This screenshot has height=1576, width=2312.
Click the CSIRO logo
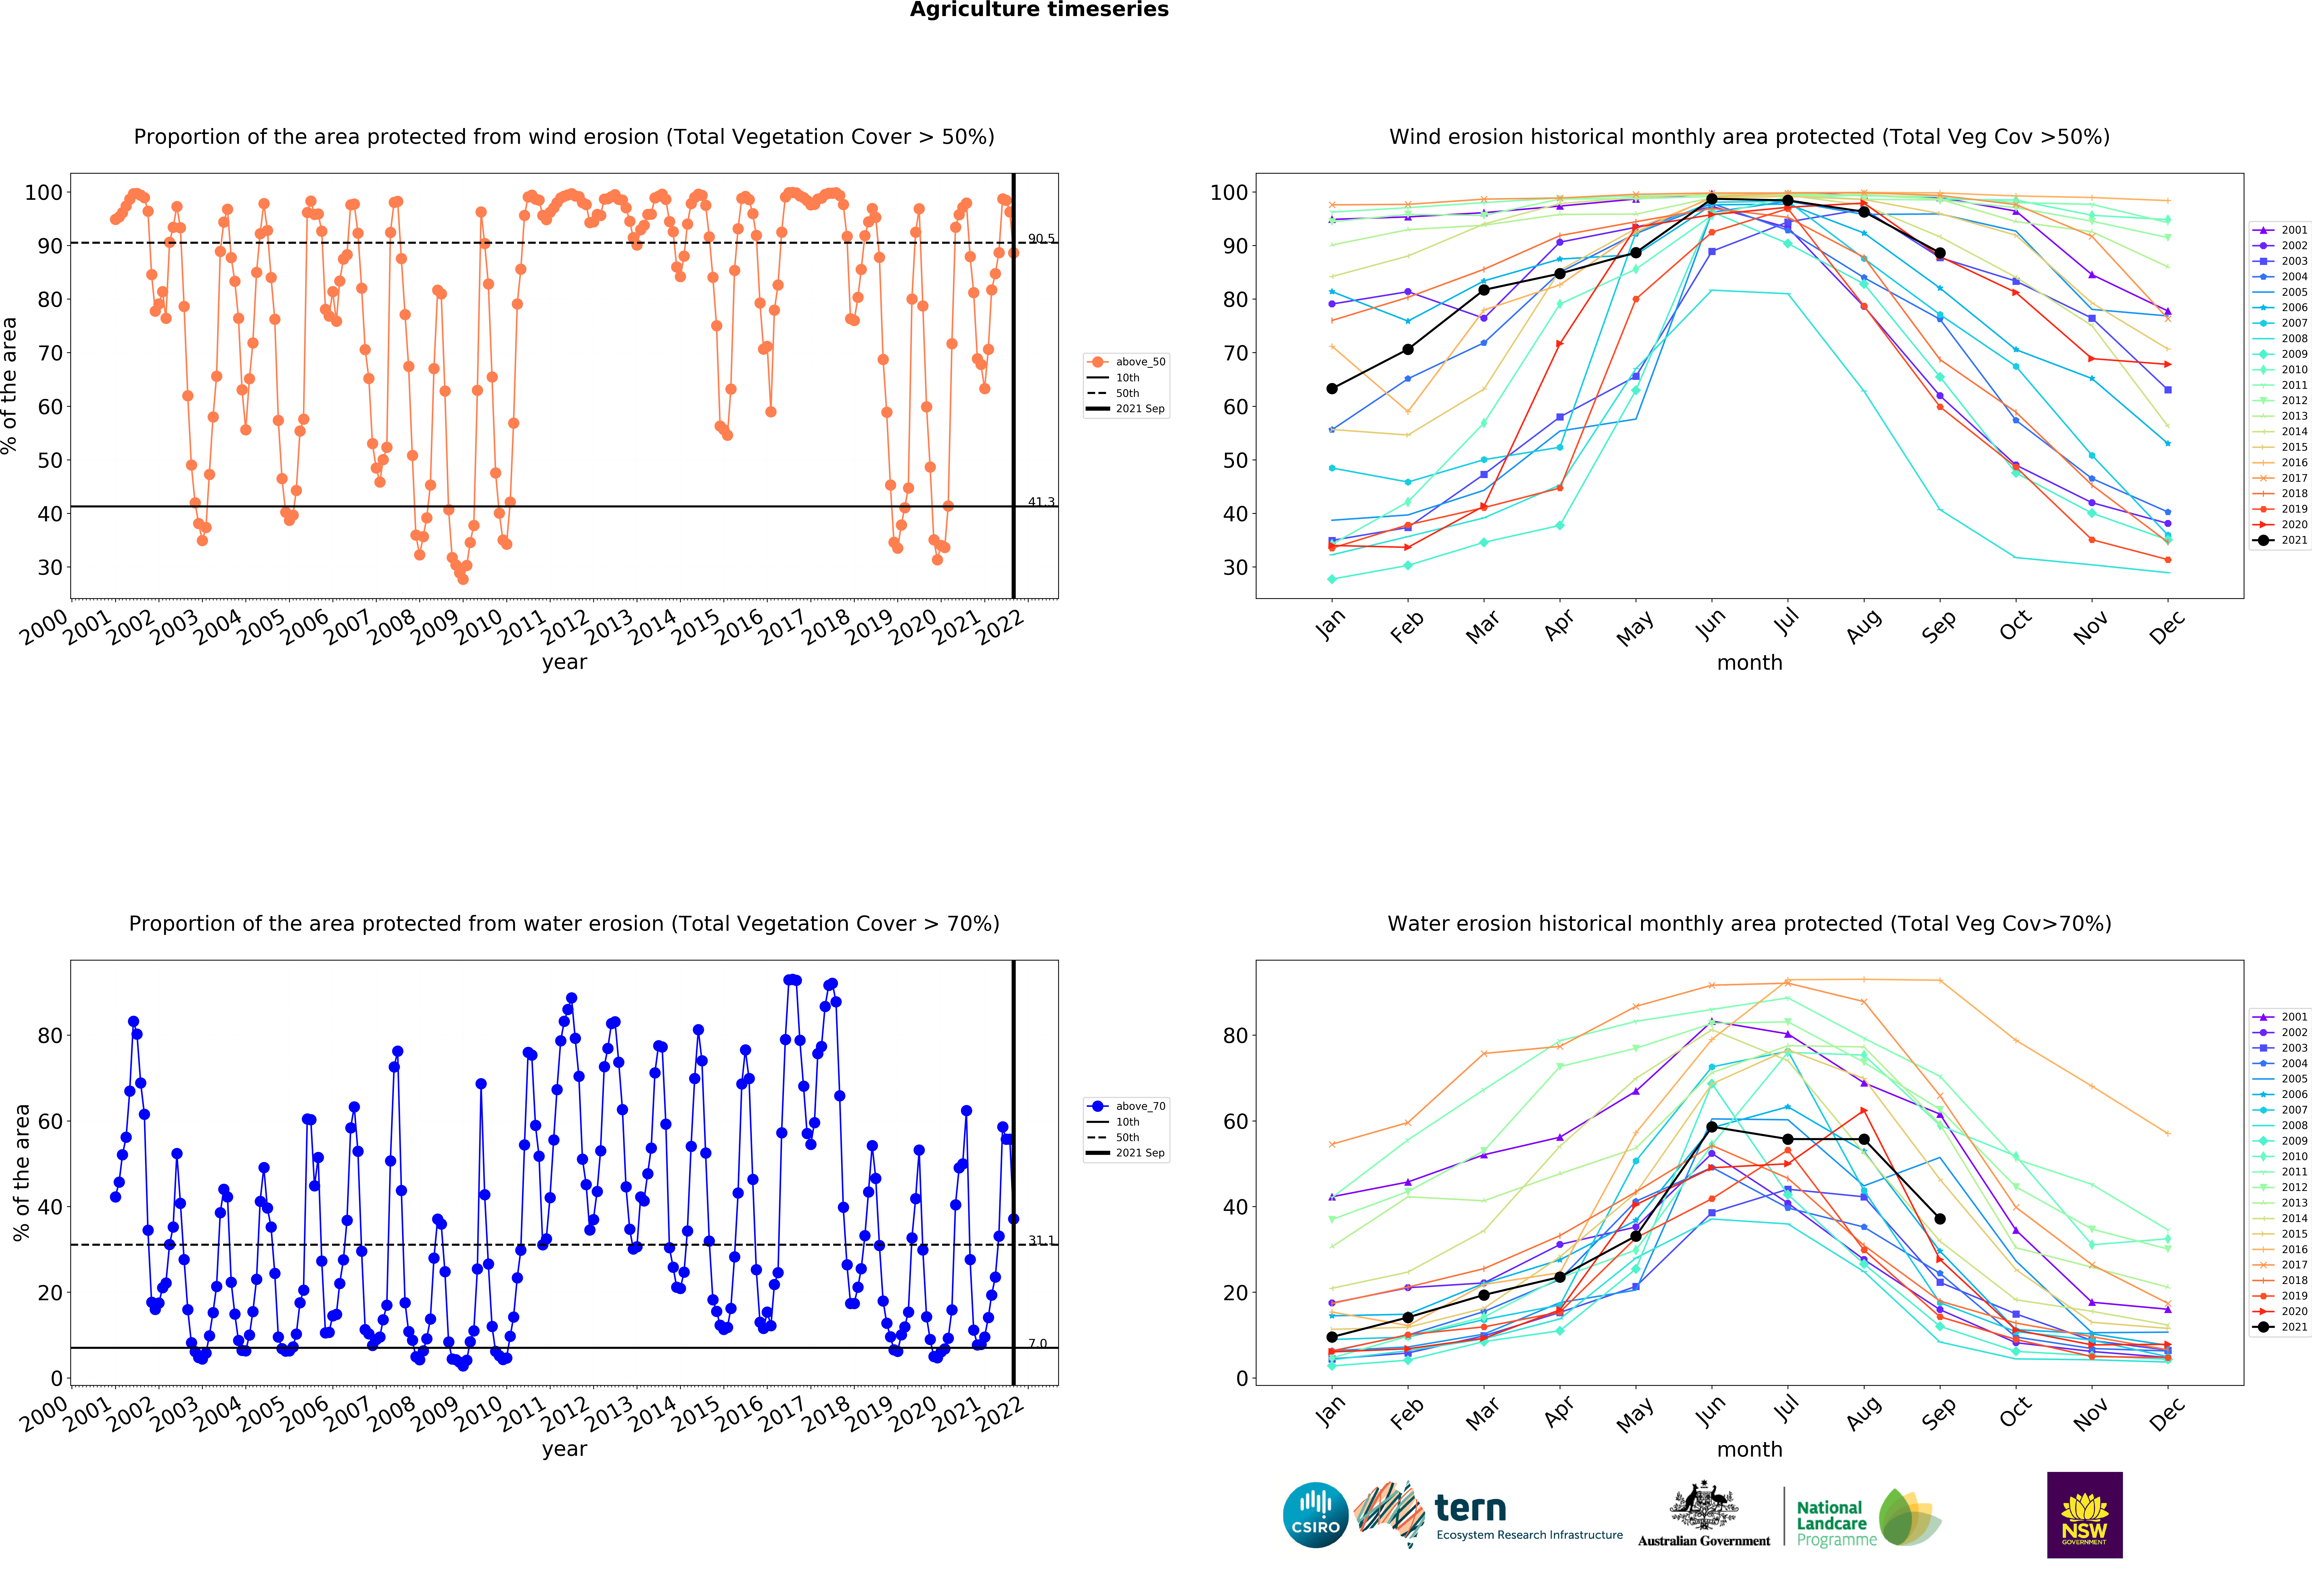1315,1515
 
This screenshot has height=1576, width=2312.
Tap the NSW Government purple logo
2084,1514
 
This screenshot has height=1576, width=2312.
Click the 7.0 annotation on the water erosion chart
1038,1343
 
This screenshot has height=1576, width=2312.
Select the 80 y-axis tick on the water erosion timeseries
50,1036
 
